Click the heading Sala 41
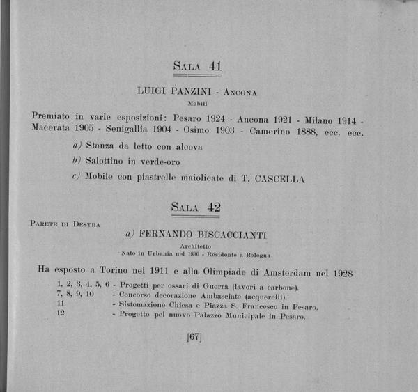coord(197,68)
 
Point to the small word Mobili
coord(199,103)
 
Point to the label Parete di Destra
coord(66,224)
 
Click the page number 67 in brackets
coord(194,338)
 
